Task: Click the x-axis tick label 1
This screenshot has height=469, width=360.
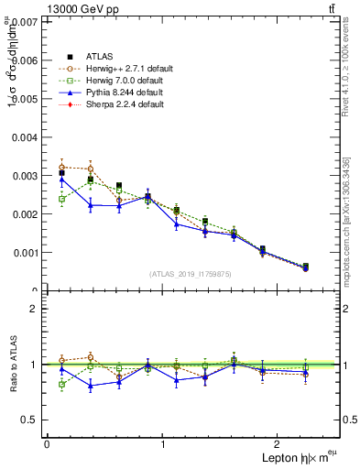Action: tap(164, 443)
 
